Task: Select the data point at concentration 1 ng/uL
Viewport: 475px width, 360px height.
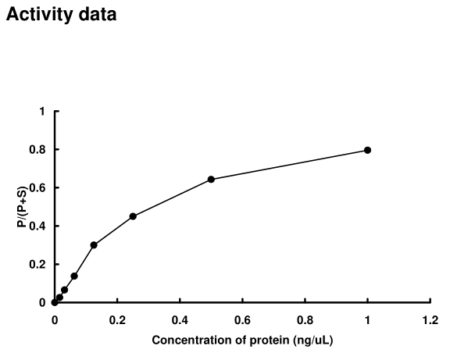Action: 367,150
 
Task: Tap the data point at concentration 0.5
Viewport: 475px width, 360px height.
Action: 211,180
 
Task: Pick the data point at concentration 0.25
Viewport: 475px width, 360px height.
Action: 133,216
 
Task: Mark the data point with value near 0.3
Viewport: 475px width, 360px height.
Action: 94,245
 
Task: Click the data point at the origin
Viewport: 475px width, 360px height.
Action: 55,302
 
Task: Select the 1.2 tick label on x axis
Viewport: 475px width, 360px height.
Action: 430,319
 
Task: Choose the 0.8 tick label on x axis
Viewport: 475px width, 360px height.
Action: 305,319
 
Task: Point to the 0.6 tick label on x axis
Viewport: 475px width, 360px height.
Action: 242,319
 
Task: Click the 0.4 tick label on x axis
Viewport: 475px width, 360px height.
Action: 180,319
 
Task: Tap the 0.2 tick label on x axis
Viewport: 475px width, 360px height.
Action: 117,319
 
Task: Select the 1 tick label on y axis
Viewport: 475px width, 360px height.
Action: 42,112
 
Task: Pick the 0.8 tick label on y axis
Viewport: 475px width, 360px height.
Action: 38,150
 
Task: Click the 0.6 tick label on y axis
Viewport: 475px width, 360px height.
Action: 38,188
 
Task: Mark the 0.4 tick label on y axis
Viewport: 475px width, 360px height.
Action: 38,226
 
